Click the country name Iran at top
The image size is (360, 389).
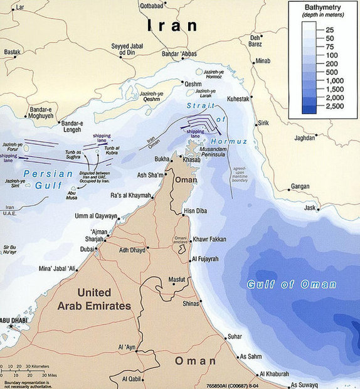click(x=171, y=26)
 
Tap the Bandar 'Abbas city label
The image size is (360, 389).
click(x=181, y=53)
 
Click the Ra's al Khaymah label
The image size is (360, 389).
click(x=131, y=196)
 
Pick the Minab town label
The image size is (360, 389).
click(x=263, y=61)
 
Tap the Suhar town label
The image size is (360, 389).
click(x=235, y=337)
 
